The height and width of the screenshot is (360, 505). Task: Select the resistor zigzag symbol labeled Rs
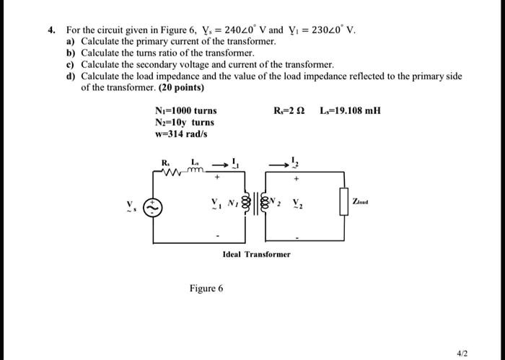coord(171,171)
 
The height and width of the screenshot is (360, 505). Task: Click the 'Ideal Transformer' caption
coord(257,254)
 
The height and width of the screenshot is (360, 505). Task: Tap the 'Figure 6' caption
coord(206,288)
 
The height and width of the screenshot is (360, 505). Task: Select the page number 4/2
coord(462,353)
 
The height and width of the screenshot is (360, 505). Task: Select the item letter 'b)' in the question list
coord(70,53)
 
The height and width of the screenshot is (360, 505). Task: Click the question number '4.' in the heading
coord(51,31)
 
